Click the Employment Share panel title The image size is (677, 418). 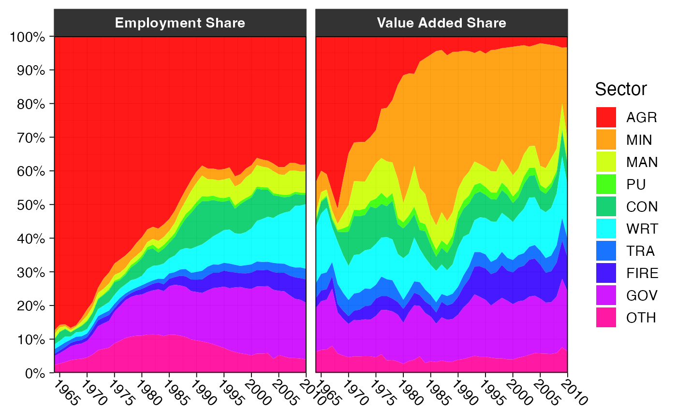(180, 23)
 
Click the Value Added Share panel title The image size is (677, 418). (442, 23)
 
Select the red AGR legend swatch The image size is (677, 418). (606, 117)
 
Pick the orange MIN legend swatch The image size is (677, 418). (606, 139)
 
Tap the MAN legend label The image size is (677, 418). (642, 162)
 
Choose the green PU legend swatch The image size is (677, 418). (606, 184)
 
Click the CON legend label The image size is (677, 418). (642, 207)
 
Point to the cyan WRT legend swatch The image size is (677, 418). (606, 229)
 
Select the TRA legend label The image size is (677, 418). (641, 251)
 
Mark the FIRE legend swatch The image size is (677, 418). (606, 273)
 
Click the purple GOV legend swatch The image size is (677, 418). (606, 295)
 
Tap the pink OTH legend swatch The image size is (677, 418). (606, 318)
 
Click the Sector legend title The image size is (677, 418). (621, 89)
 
